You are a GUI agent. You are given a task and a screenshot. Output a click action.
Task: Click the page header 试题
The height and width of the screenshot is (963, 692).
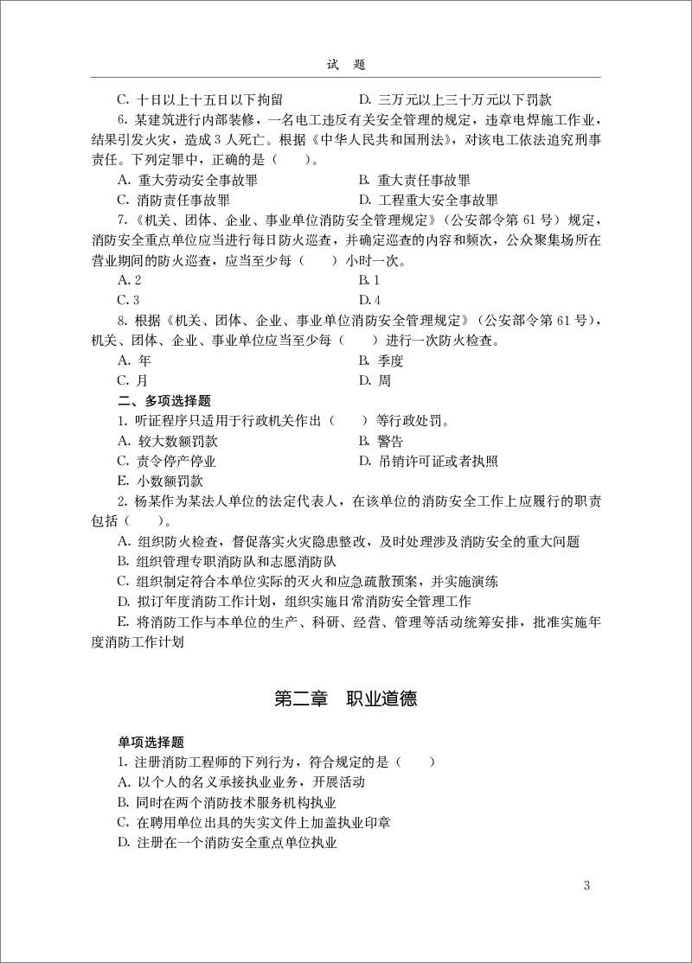click(346, 65)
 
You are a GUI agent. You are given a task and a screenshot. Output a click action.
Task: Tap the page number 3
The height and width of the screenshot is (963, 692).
click(587, 884)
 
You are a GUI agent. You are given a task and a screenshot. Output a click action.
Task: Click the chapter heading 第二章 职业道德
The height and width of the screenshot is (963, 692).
click(346, 699)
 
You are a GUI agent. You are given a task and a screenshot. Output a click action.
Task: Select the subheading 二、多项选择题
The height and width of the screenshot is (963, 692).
click(163, 401)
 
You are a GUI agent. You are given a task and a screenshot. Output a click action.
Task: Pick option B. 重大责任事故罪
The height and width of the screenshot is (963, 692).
click(414, 181)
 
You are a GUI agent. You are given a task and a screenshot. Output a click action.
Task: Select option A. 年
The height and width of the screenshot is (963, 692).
click(134, 360)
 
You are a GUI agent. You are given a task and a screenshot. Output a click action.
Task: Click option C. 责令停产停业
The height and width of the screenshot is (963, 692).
click(167, 461)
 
